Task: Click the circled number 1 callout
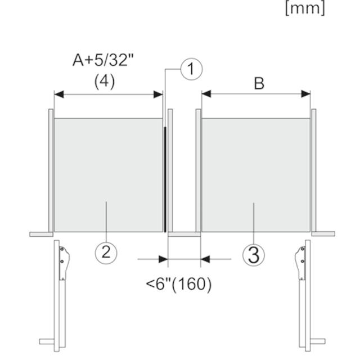[x=191, y=69]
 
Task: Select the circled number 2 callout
[x=106, y=253]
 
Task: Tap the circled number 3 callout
[x=254, y=255]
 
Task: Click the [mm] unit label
[x=305, y=8]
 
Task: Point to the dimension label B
[x=259, y=83]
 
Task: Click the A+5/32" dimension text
[x=103, y=60]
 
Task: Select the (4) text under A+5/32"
[x=105, y=82]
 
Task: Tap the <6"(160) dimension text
[x=179, y=284]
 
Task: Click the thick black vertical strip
[x=165, y=179]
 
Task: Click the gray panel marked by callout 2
[x=109, y=175]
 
